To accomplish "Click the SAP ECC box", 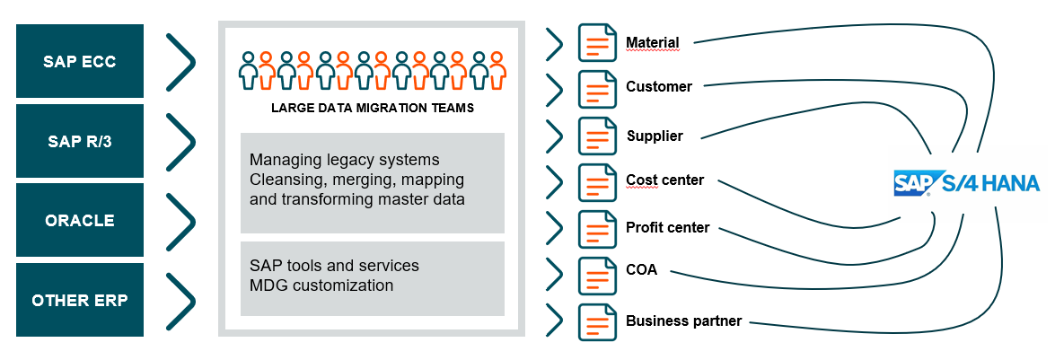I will tap(80, 61).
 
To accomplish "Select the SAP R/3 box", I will tap(80, 141).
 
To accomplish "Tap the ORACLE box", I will tap(80, 220).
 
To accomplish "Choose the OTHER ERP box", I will tap(80, 300).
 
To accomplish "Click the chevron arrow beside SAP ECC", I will tap(181, 61).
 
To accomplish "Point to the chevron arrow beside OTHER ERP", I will tap(181, 300).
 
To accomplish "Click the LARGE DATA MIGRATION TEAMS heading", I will tap(373, 108).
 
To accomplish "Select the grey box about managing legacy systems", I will tap(373, 183).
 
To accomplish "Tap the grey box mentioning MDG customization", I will tap(373, 278).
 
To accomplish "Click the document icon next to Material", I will tap(597, 43).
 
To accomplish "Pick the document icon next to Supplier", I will tap(597, 136).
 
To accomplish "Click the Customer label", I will tap(659, 87).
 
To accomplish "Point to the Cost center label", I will tap(664, 180).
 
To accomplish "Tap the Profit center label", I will tap(667, 227).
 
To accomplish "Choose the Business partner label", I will tap(683, 320).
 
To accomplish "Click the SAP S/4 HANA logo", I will tap(966, 183).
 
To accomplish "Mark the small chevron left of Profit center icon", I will tap(554, 228).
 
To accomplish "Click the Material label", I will tap(652, 42).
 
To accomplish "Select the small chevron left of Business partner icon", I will tap(554, 320).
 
